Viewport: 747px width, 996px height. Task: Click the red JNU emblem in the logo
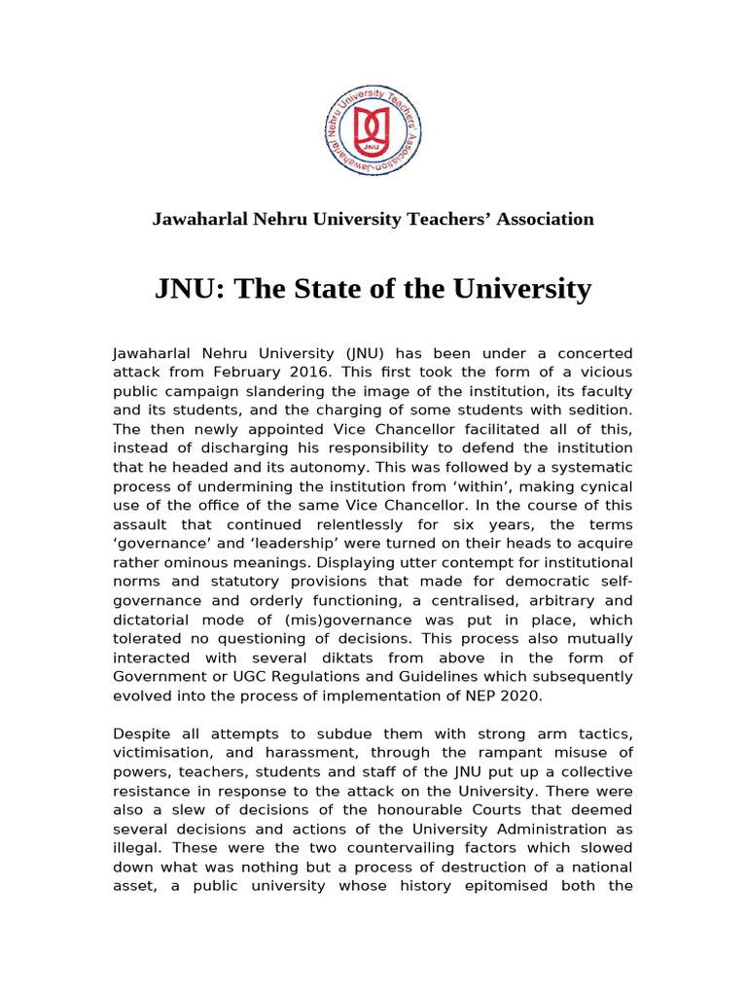373,128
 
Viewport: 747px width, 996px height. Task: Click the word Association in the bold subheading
545,219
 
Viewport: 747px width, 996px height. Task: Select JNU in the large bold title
189,289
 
